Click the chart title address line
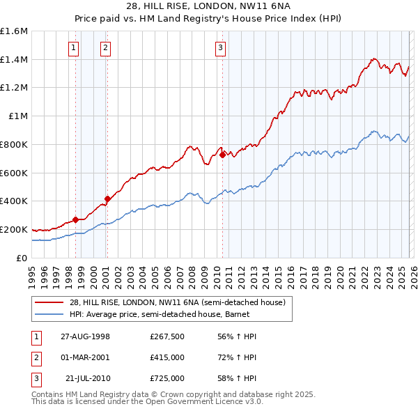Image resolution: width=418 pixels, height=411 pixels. tap(209, 6)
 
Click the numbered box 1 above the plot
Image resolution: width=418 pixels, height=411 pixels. tap(74, 48)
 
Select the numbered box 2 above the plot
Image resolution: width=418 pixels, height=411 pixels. tap(104, 48)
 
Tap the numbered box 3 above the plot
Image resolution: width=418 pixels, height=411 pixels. tap(220, 48)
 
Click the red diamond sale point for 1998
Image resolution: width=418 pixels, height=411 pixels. tap(75, 219)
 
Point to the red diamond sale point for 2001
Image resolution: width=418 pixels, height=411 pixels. tap(107, 199)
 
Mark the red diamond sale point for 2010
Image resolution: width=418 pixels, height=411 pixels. tap(222, 155)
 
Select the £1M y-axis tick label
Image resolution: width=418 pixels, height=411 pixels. tap(17, 116)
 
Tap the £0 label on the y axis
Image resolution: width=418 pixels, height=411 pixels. tap(22, 258)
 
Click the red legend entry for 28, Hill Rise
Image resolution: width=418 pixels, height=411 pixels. tap(177, 302)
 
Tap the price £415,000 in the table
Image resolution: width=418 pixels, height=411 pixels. tap(167, 357)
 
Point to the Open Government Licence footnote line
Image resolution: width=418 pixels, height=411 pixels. tap(148, 402)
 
